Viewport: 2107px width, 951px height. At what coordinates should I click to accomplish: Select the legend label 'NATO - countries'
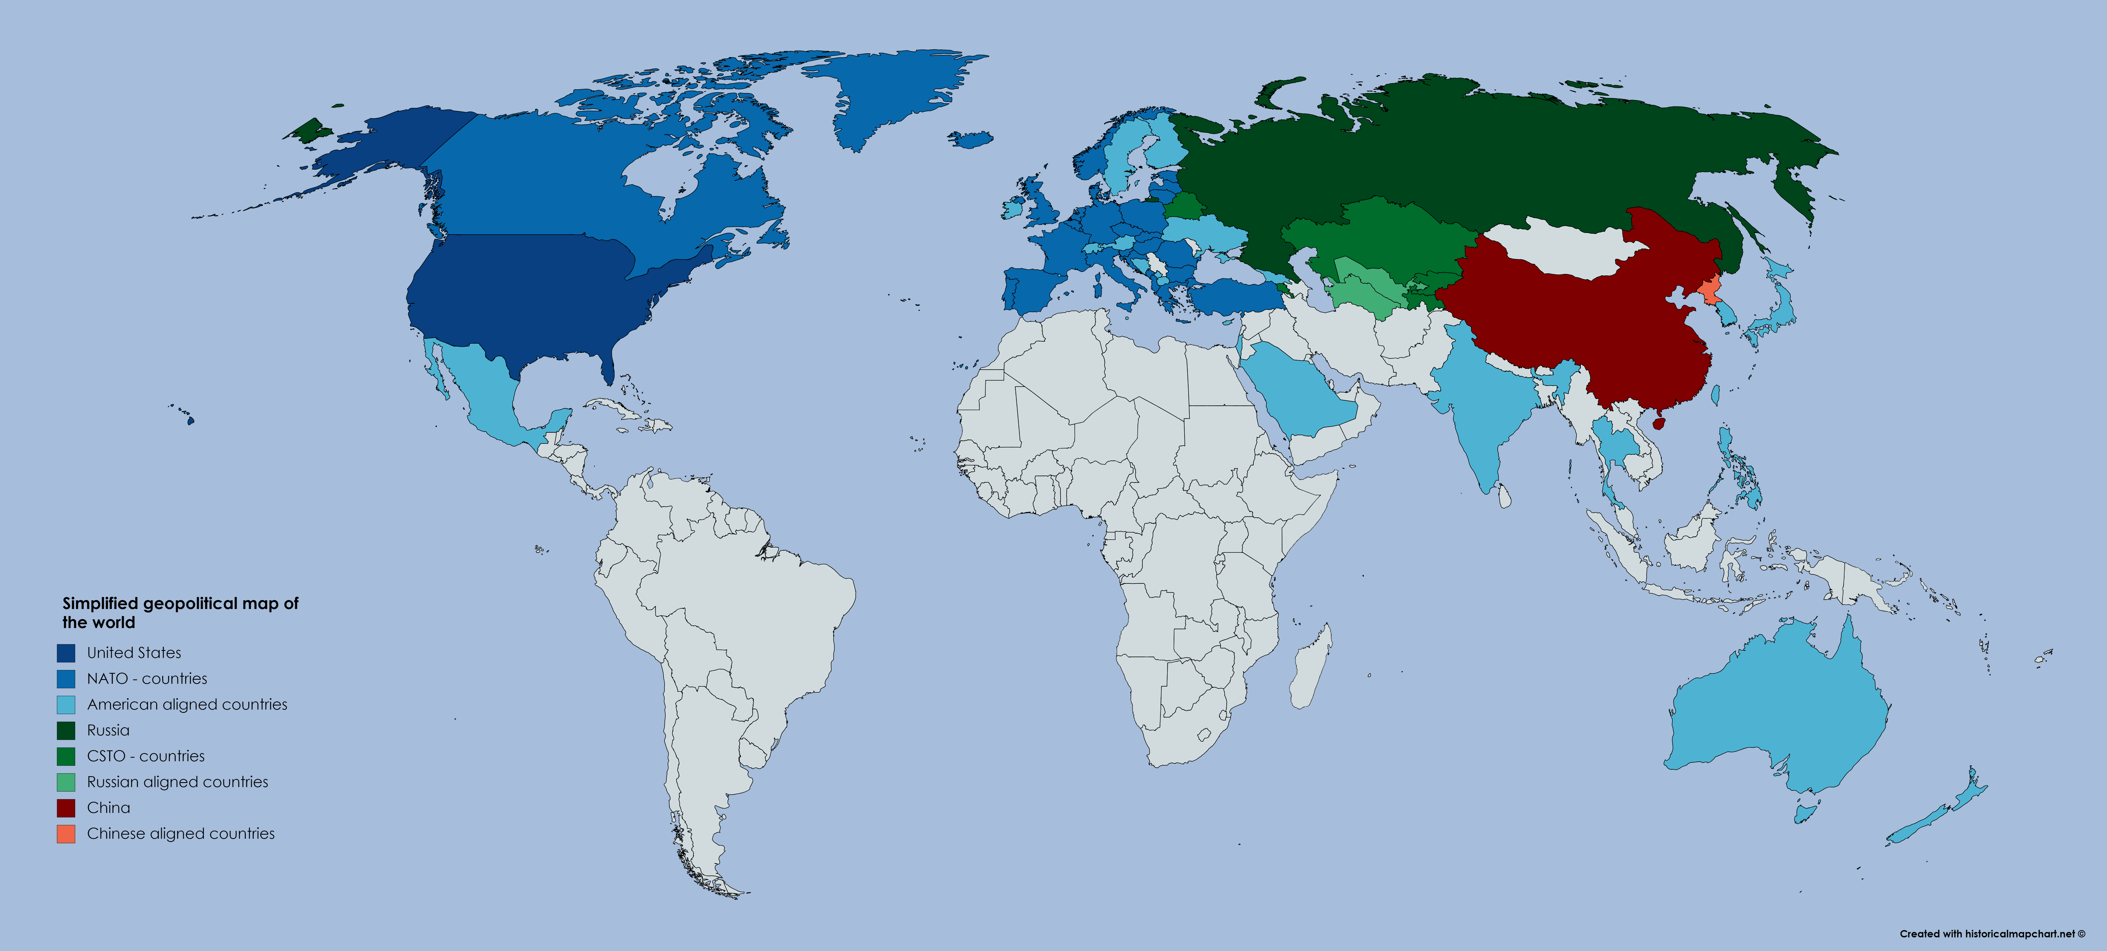click(147, 679)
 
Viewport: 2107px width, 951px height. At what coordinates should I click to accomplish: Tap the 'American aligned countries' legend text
click(187, 705)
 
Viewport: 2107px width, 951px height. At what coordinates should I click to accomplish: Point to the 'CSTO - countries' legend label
click(146, 756)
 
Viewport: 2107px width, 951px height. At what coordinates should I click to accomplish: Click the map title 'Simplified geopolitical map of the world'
click(180, 612)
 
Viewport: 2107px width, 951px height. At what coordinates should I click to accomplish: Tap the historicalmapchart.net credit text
click(1992, 934)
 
